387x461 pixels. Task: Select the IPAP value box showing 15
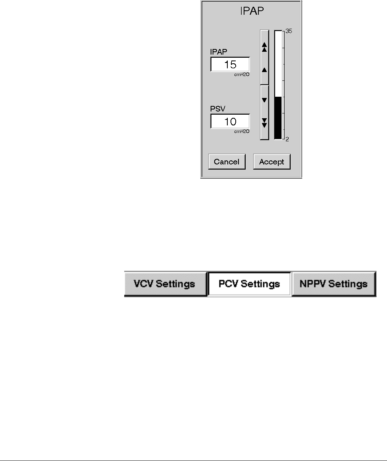[230, 64]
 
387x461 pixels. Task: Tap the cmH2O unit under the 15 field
[242, 74]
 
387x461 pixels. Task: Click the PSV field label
[217, 108]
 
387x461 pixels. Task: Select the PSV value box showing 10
[230, 121]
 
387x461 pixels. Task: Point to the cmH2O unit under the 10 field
[242, 131]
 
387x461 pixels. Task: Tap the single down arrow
[264, 100]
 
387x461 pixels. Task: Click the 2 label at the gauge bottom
[287, 139]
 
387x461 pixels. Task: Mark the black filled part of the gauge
[278, 118]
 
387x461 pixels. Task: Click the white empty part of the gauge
[278, 64]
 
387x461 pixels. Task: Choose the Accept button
[272, 162]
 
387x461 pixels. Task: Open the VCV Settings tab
[165, 284]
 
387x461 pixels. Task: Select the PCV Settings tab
[250, 284]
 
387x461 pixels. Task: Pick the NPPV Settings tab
[334, 284]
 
